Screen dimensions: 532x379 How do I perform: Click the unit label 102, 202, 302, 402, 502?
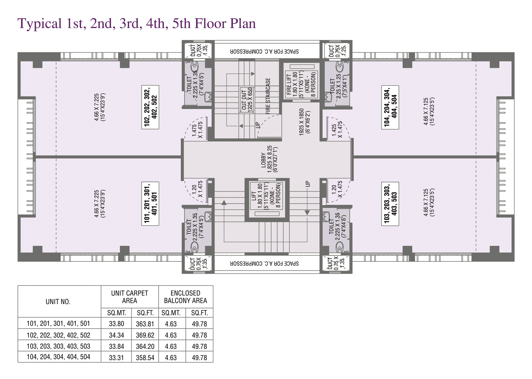point(150,107)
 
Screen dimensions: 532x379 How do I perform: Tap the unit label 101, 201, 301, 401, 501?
point(150,204)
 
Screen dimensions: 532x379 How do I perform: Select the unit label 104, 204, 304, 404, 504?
point(390,107)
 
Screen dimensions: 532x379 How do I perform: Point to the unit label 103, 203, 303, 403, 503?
point(390,204)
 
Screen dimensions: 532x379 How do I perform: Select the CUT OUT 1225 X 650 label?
point(247,100)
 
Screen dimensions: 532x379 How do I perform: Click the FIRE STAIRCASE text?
point(268,96)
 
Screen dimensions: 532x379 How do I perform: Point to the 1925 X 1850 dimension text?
point(305,122)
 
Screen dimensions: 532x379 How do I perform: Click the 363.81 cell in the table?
point(145,324)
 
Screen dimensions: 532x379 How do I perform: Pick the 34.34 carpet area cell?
point(116,335)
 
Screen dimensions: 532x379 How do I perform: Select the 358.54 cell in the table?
point(145,358)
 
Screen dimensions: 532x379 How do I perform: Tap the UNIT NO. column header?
point(58,302)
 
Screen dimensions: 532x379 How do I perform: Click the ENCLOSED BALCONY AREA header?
point(185,297)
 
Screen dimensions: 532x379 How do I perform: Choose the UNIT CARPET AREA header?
point(129,297)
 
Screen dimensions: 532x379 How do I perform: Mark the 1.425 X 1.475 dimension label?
point(337,130)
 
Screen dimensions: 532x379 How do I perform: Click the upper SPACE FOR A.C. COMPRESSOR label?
point(265,51)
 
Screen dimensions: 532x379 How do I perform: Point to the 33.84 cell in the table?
point(116,346)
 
